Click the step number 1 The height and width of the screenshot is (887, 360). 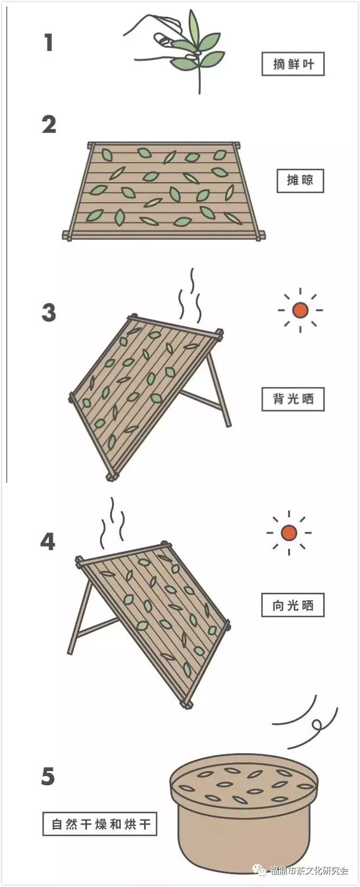tap(48, 42)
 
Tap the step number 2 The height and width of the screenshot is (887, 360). tap(49, 125)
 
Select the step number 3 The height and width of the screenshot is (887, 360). tap(48, 313)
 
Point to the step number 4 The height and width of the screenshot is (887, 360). tap(48, 542)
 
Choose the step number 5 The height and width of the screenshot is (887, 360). tap(48, 776)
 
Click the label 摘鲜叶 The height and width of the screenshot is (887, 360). tap(293, 64)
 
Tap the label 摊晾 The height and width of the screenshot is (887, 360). tap(300, 180)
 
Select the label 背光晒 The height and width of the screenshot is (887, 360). tap(293, 399)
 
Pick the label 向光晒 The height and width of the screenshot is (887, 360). tap(293, 605)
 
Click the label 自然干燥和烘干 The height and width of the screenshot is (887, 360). tap(100, 824)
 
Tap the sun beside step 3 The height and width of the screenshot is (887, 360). tap(300, 310)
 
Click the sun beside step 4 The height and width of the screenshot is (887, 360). tap(288, 532)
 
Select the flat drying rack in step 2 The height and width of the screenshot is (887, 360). tap(163, 190)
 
